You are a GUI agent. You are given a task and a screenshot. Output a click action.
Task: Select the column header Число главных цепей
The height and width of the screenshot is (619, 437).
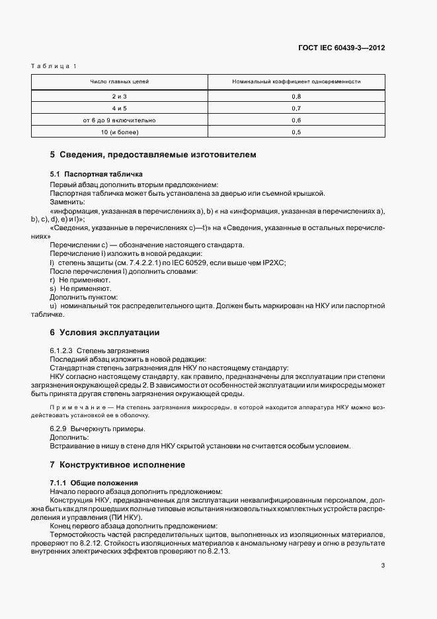click(x=120, y=82)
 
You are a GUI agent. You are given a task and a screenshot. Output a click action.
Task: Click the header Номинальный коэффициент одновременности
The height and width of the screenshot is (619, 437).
click(x=296, y=82)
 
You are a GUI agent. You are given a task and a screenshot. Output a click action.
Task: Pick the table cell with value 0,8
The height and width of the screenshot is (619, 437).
click(x=296, y=97)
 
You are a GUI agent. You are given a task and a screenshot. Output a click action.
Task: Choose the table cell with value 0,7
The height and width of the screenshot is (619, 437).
click(x=296, y=108)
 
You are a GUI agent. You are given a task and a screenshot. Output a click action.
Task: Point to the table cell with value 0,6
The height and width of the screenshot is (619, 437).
click(x=296, y=120)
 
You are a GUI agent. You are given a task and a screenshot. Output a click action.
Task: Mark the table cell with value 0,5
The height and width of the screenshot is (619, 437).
click(x=296, y=132)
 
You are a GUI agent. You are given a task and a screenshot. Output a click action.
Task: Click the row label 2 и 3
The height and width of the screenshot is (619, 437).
click(x=120, y=97)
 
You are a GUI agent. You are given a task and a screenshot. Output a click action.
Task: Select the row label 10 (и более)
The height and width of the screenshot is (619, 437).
click(x=120, y=132)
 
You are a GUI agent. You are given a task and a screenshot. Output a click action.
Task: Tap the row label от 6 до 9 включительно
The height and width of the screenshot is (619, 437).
click(x=120, y=120)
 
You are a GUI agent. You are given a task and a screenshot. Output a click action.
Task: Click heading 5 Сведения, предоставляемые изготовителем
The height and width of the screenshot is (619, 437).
click(x=153, y=155)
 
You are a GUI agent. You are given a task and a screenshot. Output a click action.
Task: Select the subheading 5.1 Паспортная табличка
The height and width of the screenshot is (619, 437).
click(x=93, y=173)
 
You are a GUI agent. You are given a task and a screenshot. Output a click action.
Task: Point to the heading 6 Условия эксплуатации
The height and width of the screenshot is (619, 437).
click(x=104, y=331)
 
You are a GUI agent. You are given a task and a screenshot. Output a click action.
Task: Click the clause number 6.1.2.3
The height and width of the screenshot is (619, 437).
click(x=62, y=350)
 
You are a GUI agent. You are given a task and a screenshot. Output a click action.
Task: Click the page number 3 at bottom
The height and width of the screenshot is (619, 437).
click(x=383, y=565)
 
